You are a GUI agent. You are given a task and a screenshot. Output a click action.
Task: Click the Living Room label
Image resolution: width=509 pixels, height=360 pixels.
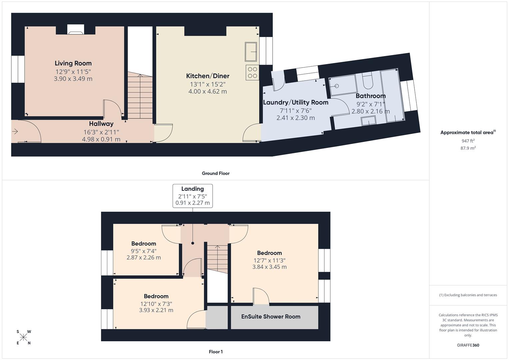tap(73, 63)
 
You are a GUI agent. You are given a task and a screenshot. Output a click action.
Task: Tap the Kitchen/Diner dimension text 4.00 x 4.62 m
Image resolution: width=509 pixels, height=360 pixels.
tap(207, 91)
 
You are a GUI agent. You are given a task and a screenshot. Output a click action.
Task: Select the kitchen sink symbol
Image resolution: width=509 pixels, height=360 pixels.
tap(251, 52)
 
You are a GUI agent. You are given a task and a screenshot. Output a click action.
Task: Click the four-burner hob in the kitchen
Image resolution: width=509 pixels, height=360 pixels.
tap(253, 73)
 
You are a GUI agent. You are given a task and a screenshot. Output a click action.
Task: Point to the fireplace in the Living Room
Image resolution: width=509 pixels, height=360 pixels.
tap(76, 30)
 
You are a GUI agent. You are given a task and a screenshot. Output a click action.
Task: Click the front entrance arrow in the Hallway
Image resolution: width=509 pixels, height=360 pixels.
tap(15, 132)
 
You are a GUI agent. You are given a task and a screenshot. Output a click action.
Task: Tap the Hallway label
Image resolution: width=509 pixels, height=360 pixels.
tap(101, 124)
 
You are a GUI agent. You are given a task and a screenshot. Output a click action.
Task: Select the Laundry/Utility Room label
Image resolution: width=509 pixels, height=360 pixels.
tap(296, 102)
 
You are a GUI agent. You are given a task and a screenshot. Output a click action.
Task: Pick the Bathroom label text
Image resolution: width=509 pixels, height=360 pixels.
tap(370, 96)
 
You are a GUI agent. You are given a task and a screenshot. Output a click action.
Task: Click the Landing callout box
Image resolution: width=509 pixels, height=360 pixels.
tap(193, 196)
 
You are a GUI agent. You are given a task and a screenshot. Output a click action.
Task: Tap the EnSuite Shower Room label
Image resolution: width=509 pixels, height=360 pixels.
tap(271, 317)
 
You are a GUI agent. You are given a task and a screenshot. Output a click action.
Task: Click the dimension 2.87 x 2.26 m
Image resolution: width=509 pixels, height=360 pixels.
tap(144, 257)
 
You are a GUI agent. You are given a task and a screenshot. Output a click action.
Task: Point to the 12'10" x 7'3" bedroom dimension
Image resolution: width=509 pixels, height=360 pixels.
tap(156, 304)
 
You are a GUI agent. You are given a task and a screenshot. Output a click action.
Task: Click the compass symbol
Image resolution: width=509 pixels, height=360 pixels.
tap(23, 337)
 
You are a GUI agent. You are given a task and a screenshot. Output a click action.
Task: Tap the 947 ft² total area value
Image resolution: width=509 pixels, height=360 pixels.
tap(468, 141)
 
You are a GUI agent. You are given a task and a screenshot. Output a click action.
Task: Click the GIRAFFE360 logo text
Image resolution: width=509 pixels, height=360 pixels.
tap(468, 345)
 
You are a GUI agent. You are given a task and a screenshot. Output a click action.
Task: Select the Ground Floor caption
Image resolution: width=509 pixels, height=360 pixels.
tap(216, 173)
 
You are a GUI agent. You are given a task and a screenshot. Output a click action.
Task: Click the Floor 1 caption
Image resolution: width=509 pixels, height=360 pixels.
tap(216, 352)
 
